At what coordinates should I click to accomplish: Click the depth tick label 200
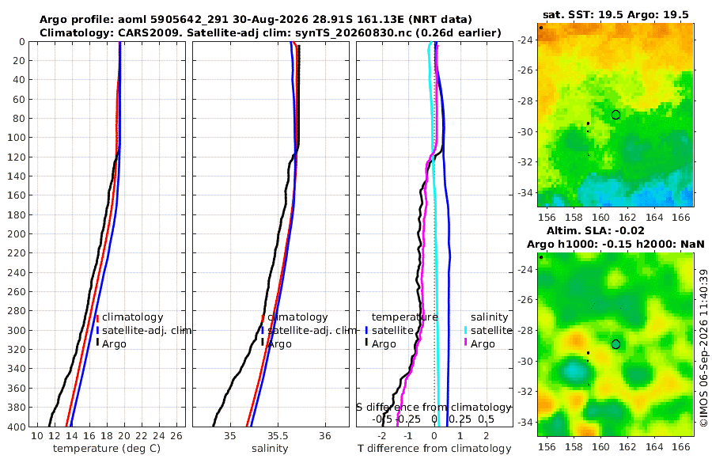click(x=16, y=233)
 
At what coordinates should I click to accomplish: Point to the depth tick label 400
click(x=16, y=427)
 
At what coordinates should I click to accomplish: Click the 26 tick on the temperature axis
click(x=176, y=436)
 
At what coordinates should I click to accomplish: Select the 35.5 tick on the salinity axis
click(x=278, y=436)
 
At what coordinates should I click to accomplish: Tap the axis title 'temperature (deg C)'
click(x=107, y=449)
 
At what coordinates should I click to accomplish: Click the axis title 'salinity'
click(x=270, y=449)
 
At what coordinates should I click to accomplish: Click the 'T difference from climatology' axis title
click(x=434, y=449)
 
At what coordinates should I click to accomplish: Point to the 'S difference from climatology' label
click(x=434, y=407)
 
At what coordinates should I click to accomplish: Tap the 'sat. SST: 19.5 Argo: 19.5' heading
click(x=615, y=14)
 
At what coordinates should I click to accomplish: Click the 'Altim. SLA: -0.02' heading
click(x=595, y=230)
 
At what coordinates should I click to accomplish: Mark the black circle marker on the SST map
click(x=615, y=115)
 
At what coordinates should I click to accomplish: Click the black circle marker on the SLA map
click(x=615, y=344)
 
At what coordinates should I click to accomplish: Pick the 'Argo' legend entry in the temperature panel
click(x=114, y=343)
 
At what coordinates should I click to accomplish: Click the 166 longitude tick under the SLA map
click(x=680, y=446)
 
